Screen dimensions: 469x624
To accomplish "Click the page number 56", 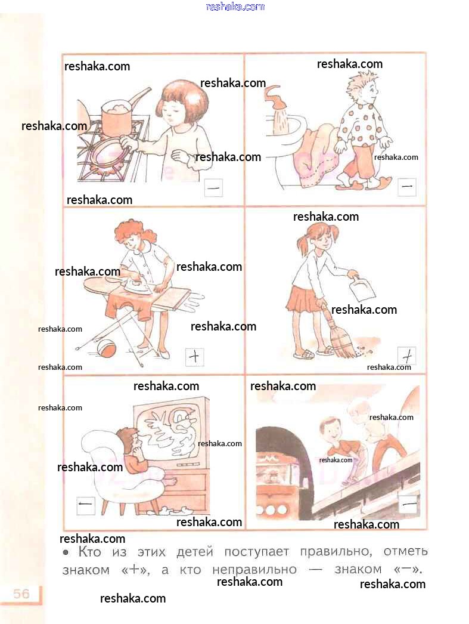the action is (x=21, y=594).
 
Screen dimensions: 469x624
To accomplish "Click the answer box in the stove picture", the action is (x=213, y=188).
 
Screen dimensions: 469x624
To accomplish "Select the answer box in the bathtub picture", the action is (x=406, y=186).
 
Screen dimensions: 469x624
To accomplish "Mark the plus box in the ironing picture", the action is (x=195, y=357).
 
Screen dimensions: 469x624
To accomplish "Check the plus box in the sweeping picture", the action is (x=406, y=356).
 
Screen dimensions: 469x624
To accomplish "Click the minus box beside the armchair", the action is (x=85, y=506).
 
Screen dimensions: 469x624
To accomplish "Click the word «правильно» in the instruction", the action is (x=336, y=552).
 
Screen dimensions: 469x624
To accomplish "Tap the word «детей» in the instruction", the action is (x=195, y=552).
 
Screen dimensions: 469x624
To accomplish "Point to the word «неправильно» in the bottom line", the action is (x=254, y=570).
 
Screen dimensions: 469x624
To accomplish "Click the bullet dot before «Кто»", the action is (x=66, y=552).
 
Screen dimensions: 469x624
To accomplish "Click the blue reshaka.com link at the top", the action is (x=235, y=7).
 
